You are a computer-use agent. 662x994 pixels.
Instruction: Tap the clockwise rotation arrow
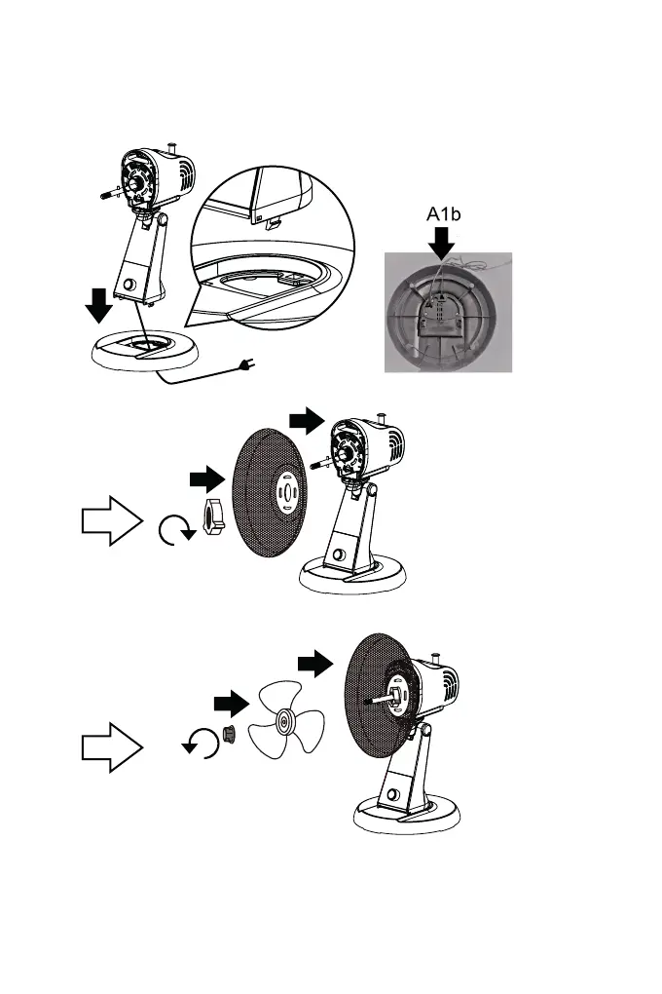173,531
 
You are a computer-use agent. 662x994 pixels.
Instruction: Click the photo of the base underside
447,312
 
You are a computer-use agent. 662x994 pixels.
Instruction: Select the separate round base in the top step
144,348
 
